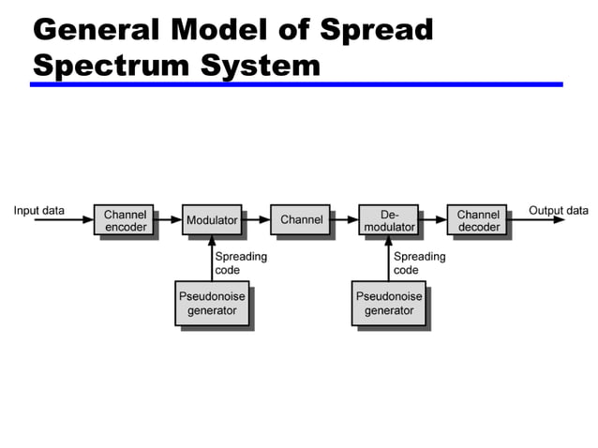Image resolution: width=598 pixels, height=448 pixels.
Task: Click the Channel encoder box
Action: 125,221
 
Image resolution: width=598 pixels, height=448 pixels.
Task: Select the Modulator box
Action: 212,221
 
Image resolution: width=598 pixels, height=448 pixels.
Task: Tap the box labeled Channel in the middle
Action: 301,220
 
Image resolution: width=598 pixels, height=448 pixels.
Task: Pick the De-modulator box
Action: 389,221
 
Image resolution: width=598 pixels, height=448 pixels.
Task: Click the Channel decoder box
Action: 478,221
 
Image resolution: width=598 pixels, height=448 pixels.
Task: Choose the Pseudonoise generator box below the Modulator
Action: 212,303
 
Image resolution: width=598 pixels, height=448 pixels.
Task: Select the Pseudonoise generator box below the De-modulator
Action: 389,303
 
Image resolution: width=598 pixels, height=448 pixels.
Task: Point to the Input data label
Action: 39,210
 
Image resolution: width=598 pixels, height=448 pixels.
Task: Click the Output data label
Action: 559,210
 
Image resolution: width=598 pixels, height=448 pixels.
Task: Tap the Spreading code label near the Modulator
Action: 241,262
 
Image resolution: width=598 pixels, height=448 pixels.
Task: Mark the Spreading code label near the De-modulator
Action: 419,262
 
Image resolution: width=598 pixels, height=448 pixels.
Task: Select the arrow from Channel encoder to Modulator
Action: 168,221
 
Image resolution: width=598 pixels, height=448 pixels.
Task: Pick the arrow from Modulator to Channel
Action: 256,221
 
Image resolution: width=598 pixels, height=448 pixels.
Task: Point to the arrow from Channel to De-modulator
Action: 345,221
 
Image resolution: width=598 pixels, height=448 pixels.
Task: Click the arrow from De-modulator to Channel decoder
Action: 433,221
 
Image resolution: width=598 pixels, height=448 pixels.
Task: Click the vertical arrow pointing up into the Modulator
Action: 212,259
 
